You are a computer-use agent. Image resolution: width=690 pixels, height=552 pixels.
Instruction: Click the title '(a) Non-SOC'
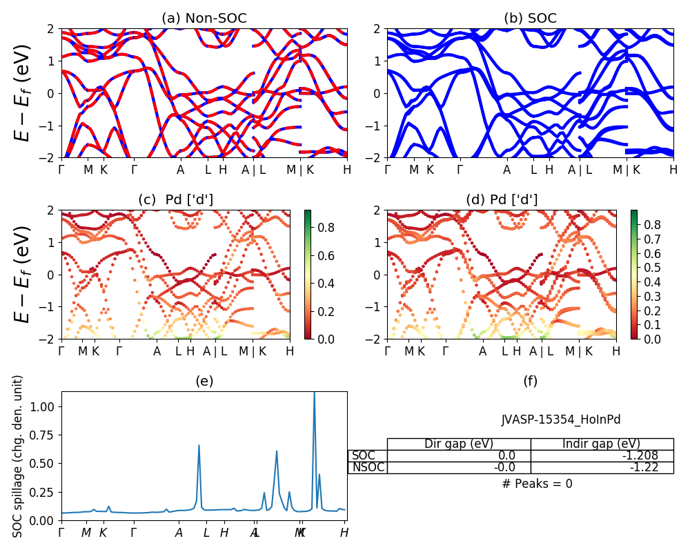point(204,19)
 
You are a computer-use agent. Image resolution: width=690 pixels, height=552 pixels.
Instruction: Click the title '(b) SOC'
point(530,19)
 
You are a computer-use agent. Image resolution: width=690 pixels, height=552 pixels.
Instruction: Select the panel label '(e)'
point(204,381)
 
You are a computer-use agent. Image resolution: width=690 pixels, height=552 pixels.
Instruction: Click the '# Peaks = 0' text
point(537,484)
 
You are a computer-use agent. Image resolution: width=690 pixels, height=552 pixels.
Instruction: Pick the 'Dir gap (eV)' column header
point(458,444)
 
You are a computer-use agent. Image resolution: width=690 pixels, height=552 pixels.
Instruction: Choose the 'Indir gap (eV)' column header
point(602,444)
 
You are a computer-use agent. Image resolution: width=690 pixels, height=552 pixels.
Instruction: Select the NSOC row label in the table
point(368,467)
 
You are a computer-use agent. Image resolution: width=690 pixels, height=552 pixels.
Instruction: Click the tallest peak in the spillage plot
point(315,393)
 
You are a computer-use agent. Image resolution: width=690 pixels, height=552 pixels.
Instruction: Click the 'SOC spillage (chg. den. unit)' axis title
point(19,456)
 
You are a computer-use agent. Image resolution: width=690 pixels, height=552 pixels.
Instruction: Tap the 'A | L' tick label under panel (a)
point(253,170)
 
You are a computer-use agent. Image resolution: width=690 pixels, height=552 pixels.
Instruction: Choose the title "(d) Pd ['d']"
point(502,200)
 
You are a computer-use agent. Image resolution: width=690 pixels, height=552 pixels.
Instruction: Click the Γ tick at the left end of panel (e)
point(61,533)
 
